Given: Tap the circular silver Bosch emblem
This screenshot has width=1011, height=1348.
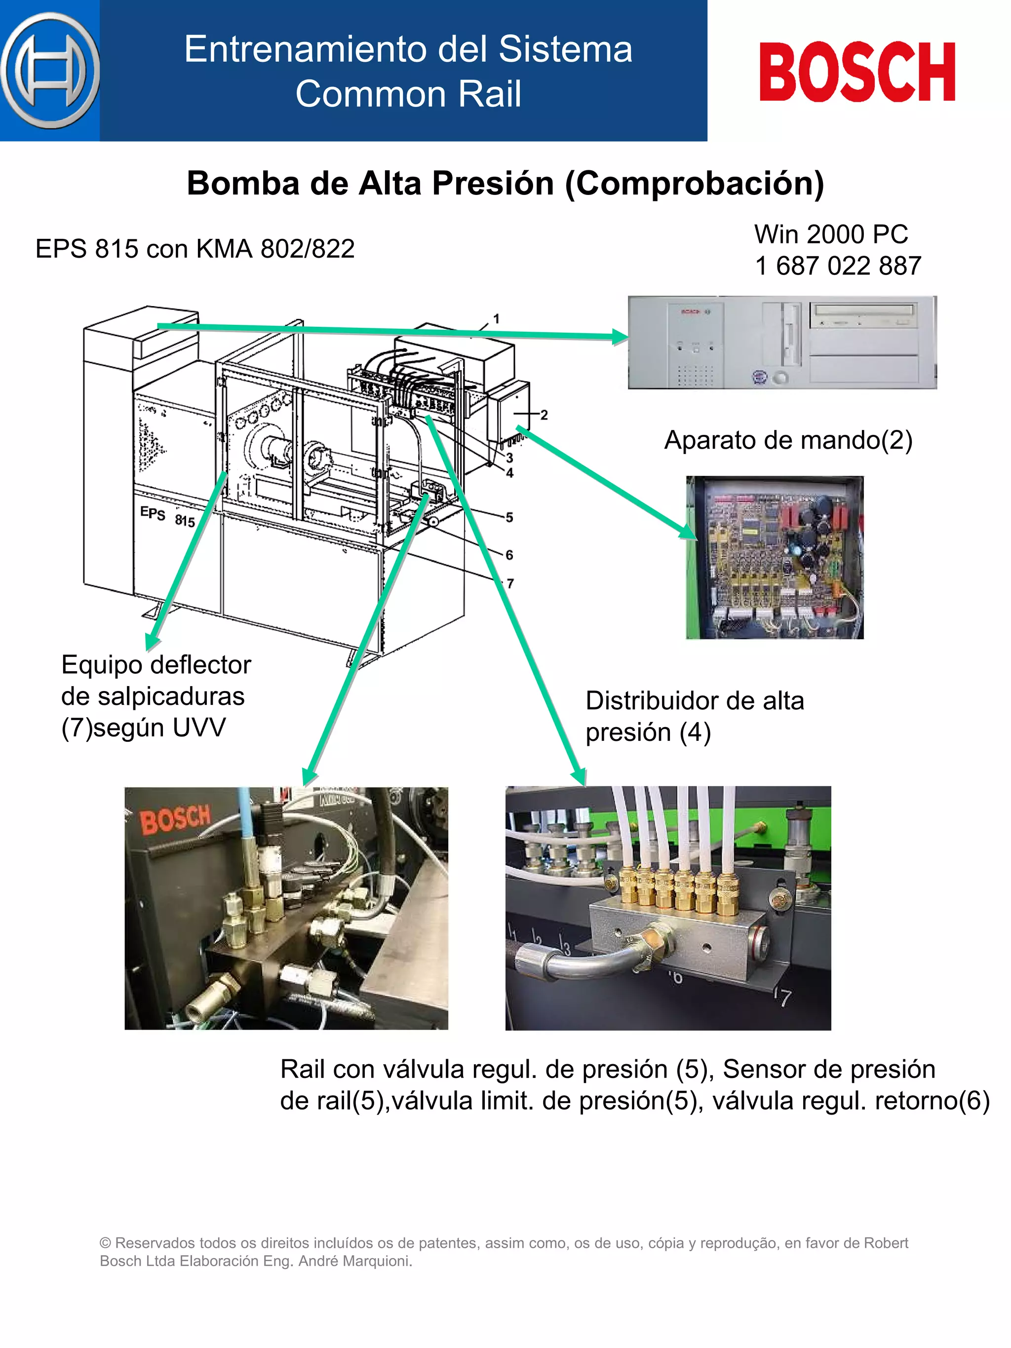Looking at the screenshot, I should click(50, 70).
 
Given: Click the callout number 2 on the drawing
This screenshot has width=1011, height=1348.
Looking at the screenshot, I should click(544, 415).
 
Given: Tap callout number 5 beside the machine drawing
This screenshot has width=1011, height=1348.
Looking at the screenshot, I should click(509, 517).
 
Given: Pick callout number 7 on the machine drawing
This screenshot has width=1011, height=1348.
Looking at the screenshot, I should click(510, 584).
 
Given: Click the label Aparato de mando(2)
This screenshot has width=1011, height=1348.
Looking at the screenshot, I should click(787, 440).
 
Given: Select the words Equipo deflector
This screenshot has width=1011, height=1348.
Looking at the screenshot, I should click(156, 665).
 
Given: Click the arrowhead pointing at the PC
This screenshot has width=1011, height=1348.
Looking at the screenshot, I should click(621, 337).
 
